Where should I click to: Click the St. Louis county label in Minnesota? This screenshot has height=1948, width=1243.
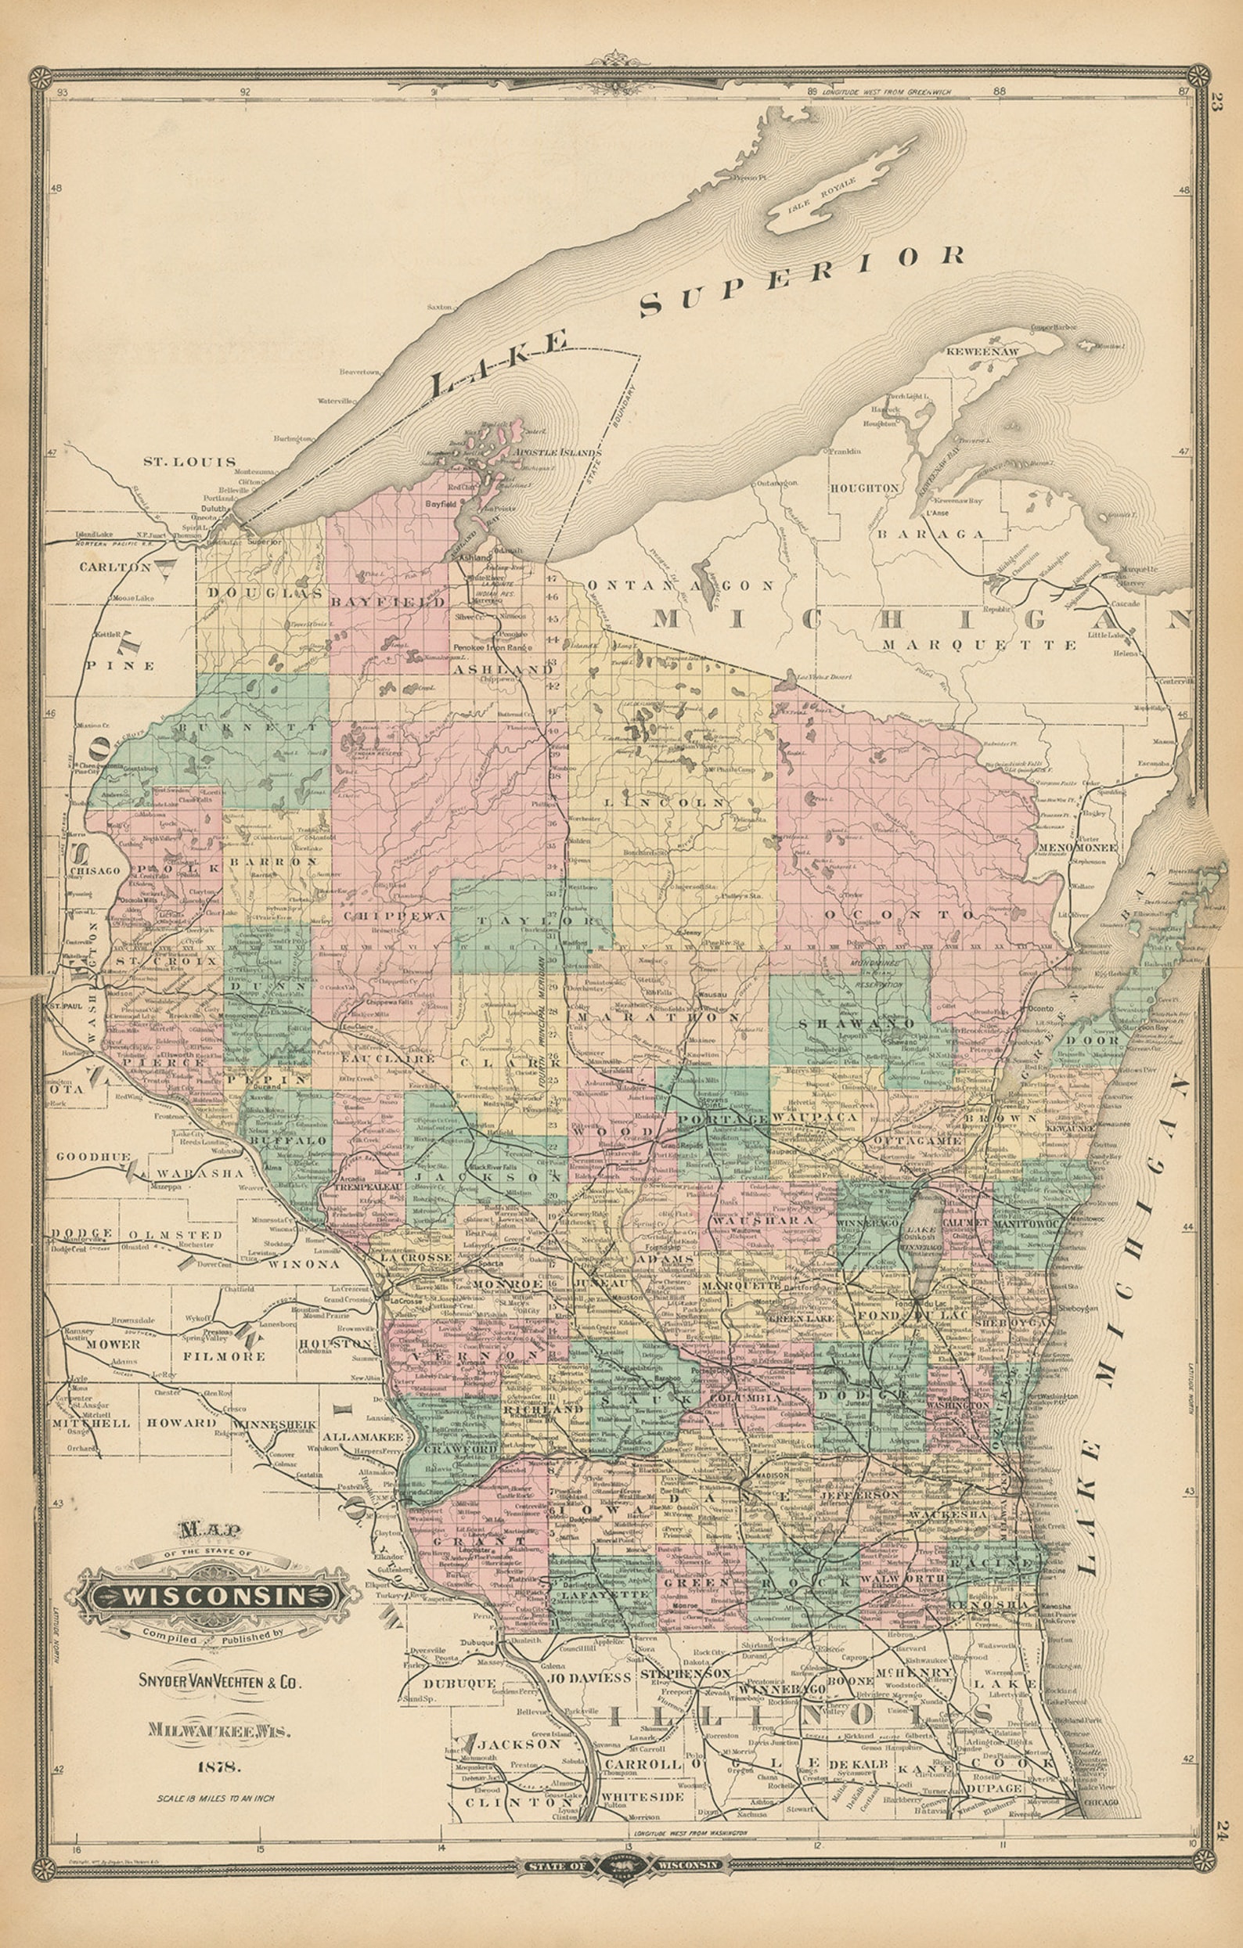tap(189, 461)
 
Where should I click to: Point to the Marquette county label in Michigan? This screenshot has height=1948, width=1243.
tap(980, 645)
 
